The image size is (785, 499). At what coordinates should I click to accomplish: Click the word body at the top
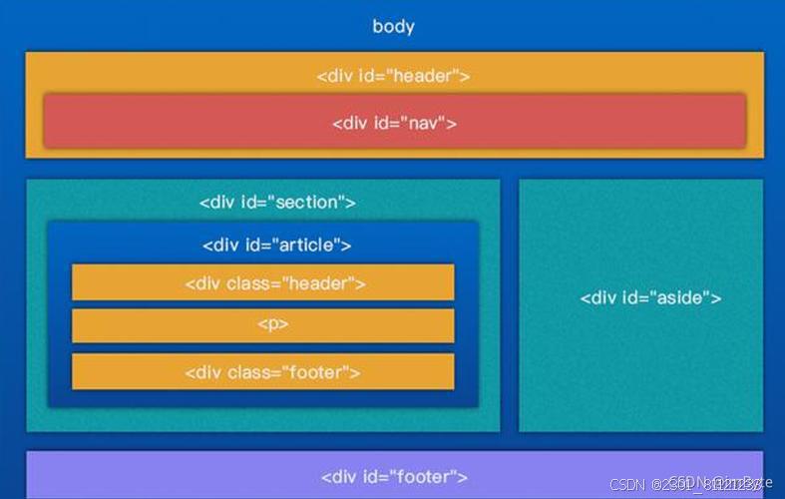pos(393,27)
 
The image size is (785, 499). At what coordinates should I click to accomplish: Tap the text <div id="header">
pos(393,76)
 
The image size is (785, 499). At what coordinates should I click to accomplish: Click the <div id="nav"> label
pos(394,123)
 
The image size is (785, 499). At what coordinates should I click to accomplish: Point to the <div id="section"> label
pos(277,203)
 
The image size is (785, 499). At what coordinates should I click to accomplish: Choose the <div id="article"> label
pos(276,245)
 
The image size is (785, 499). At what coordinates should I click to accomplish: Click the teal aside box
pos(640,379)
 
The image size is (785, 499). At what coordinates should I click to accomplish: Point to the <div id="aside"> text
pos(650,297)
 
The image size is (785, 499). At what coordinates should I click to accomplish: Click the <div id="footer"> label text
pos(394,477)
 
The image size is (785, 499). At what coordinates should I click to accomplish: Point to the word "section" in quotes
pos(310,203)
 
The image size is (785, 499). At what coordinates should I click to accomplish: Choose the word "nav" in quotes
pos(426,123)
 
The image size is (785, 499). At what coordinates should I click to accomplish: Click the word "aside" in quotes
pos(684,297)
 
